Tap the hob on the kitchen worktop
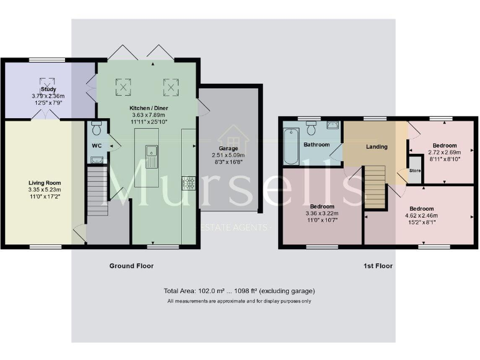[188, 182]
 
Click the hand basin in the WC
[96, 159]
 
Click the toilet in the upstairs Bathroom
[312, 126]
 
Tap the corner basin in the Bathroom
[332, 125]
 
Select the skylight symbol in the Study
[45, 84]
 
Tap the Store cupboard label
[414, 169]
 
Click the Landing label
[377, 147]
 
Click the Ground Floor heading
[131, 266]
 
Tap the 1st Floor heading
[377, 266]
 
